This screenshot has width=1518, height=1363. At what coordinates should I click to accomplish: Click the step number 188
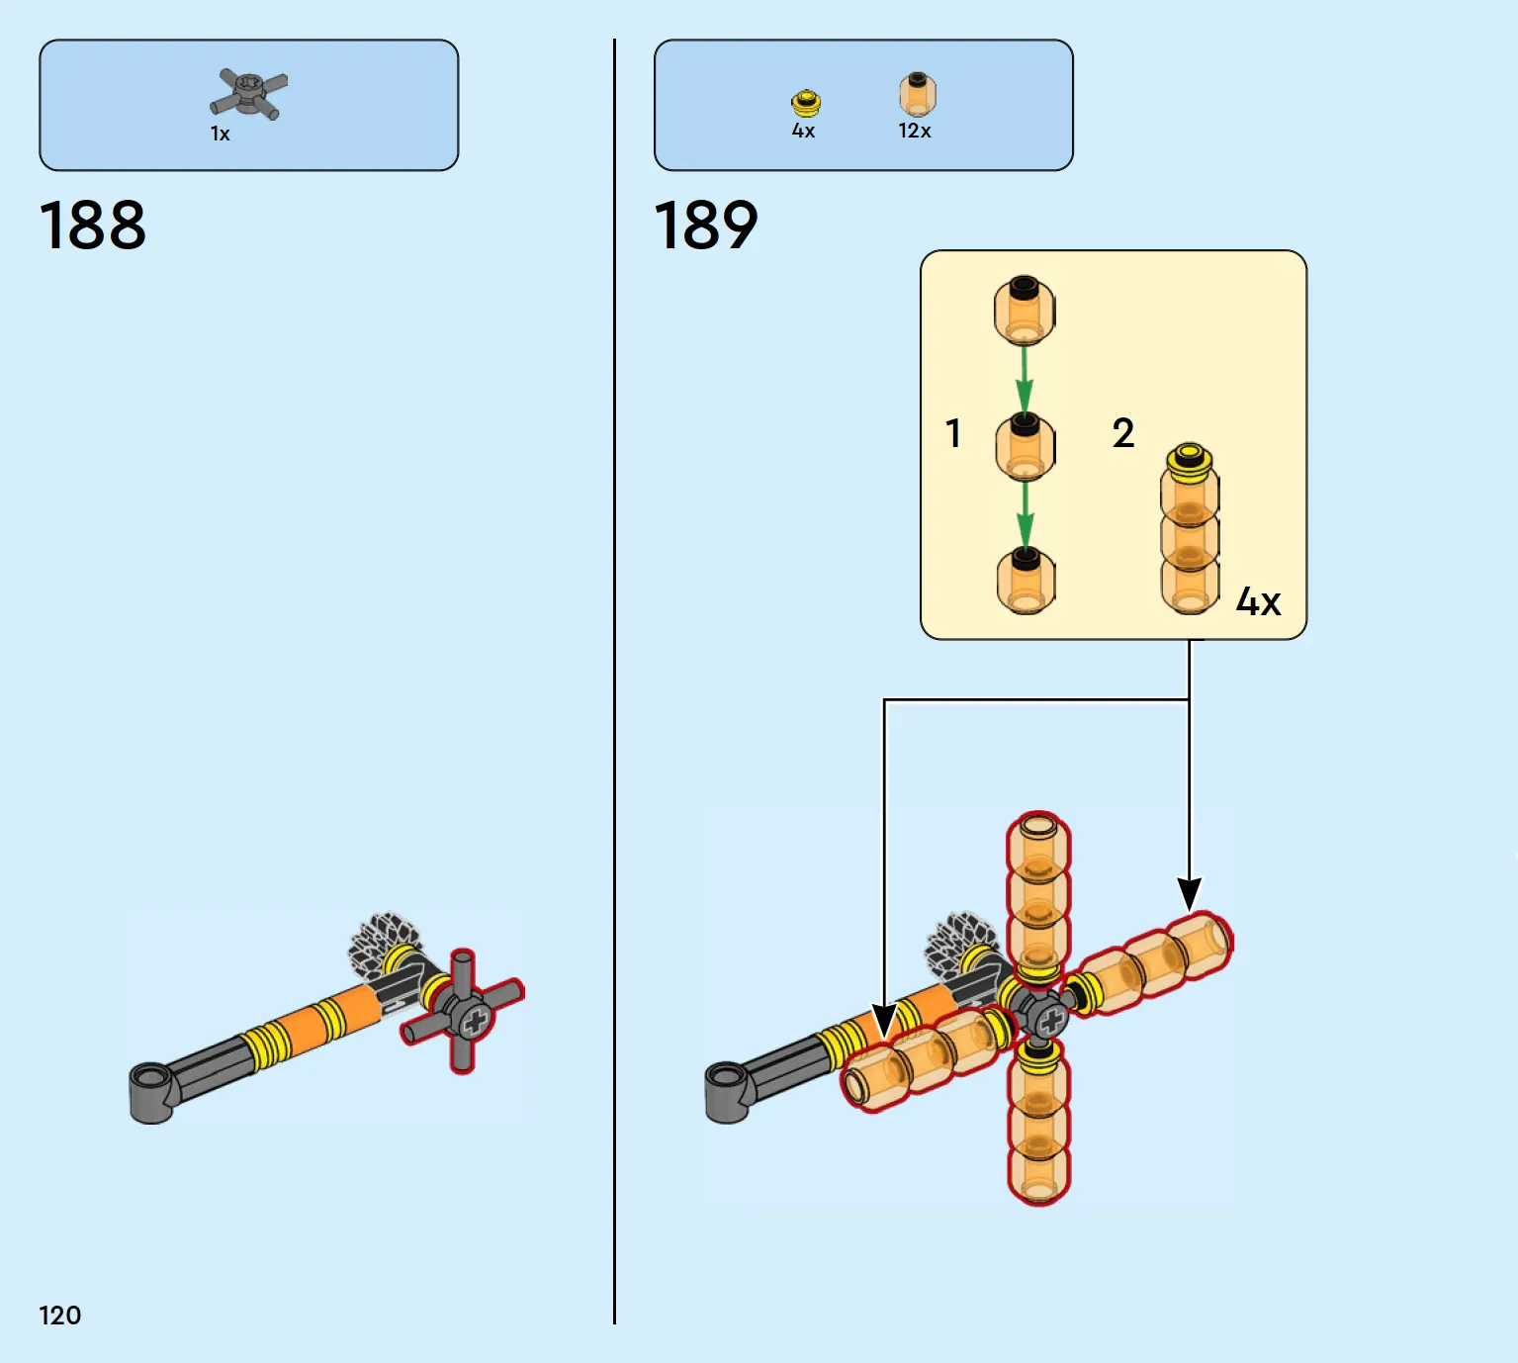(x=93, y=225)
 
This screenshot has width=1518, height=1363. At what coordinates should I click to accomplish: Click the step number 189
(x=706, y=225)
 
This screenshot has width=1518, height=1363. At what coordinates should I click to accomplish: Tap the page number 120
(x=60, y=1315)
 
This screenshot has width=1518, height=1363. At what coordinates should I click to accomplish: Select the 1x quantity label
(x=221, y=134)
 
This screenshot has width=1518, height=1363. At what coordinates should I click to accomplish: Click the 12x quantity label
(x=914, y=131)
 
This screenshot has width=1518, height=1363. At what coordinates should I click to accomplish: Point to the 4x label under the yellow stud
(x=803, y=131)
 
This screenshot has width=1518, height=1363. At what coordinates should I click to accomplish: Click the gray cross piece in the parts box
(x=249, y=94)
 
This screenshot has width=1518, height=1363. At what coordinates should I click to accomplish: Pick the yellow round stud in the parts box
(x=805, y=104)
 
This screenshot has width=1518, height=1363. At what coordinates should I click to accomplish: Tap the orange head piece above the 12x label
(x=917, y=94)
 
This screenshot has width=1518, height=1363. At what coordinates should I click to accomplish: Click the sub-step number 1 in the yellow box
(x=953, y=433)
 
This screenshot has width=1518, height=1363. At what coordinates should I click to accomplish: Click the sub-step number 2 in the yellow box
(x=1123, y=432)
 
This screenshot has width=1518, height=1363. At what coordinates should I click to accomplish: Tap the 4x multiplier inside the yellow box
(x=1258, y=601)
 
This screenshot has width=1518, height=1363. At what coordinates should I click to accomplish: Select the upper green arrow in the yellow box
(x=1025, y=380)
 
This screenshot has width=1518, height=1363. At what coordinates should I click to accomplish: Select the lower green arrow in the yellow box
(x=1025, y=514)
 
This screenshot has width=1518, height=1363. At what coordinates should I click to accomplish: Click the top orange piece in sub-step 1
(x=1025, y=311)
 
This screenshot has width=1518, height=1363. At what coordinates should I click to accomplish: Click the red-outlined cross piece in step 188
(x=463, y=1011)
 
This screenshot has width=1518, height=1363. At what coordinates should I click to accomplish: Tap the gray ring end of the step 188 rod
(x=153, y=1093)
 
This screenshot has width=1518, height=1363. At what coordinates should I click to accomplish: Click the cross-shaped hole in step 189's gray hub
(x=1050, y=1019)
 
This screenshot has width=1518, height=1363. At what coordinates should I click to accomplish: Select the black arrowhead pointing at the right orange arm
(x=1189, y=894)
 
